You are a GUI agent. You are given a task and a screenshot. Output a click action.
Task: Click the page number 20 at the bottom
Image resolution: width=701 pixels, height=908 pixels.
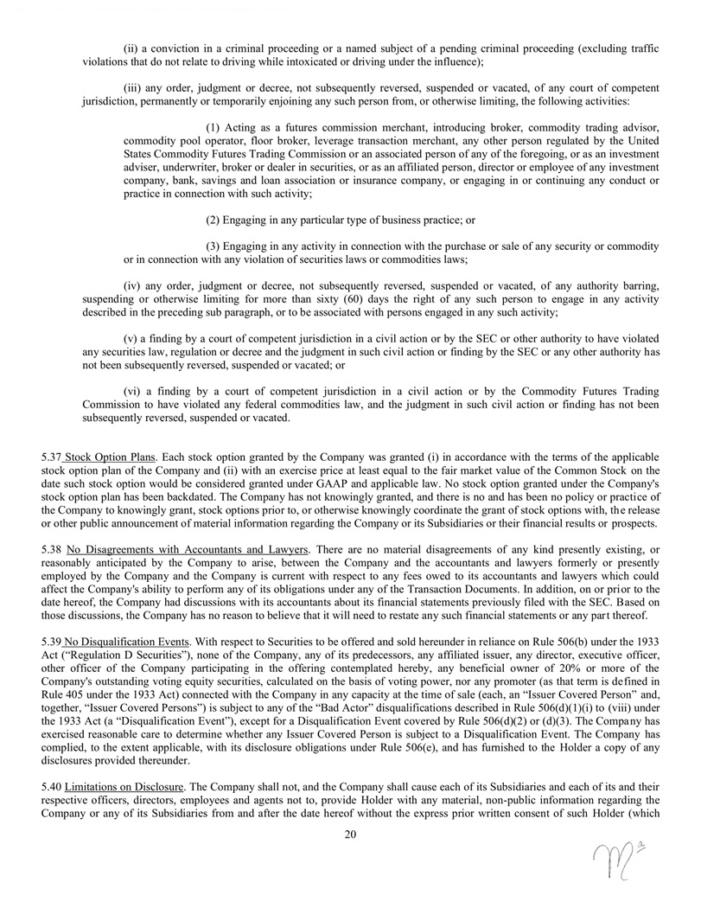coord(350,834)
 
